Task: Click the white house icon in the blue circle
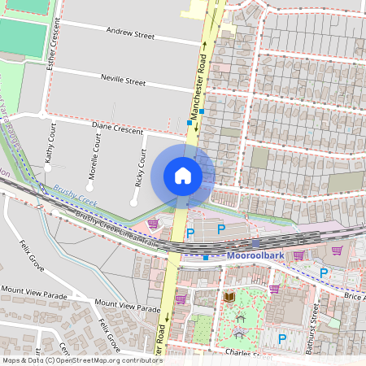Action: tap(183, 176)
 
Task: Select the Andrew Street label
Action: tap(130, 35)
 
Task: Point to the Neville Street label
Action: tap(123, 82)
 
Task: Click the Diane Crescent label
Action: tap(117, 126)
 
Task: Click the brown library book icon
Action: tap(229, 298)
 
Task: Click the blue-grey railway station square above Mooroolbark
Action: tap(255, 242)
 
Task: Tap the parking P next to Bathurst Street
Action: tap(282, 338)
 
